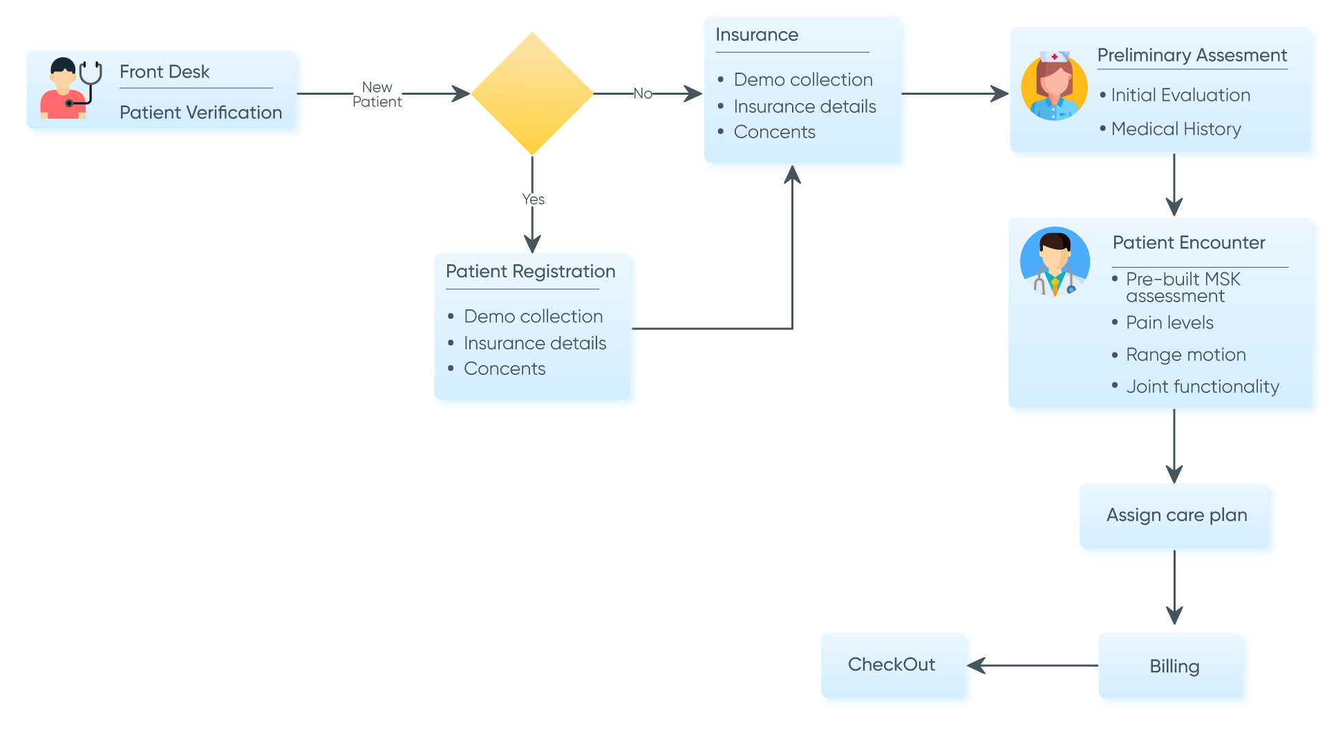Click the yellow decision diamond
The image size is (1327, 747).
(532, 93)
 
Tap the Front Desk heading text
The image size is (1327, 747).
(164, 72)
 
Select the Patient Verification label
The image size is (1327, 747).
(200, 113)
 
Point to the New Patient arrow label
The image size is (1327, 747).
(377, 95)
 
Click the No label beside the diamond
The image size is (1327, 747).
(643, 93)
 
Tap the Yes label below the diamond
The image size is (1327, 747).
(533, 199)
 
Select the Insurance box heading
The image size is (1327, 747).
(757, 35)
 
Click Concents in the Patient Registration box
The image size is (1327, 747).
(505, 369)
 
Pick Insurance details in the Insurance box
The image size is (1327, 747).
(804, 107)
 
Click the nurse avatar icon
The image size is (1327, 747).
(1054, 86)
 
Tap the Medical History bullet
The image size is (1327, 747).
(1176, 129)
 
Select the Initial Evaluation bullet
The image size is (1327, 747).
(1180, 95)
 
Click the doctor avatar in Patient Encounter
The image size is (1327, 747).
(1055, 262)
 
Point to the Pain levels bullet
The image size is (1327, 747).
(1169, 323)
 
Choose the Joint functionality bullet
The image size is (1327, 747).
(1202, 387)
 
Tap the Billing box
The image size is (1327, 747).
(1174, 667)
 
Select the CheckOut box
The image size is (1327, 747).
(892, 665)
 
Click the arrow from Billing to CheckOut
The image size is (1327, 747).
(1037, 665)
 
